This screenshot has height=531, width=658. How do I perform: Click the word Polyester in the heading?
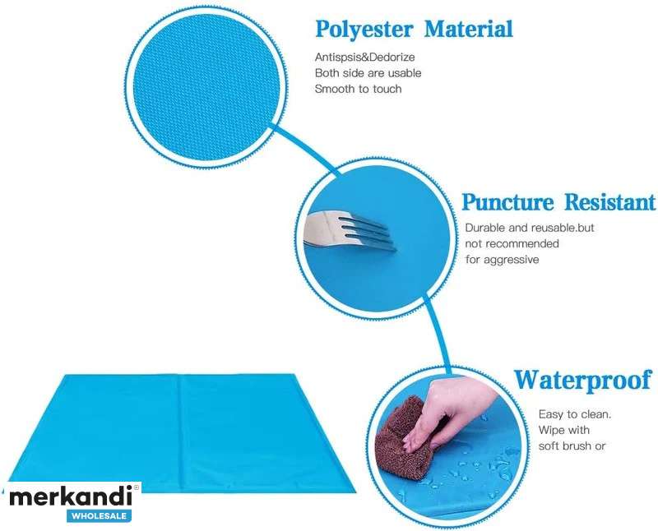(364, 30)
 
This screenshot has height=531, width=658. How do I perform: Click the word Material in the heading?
(468, 29)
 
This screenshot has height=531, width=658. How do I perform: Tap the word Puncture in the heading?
(507, 202)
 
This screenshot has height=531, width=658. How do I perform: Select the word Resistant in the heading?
(609, 201)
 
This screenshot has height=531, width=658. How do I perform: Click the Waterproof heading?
(583, 380)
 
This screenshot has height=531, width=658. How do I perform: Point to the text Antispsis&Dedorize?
(364, 57)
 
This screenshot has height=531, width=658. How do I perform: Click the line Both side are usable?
(368, 73)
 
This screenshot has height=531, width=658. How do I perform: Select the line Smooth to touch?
(359, 89)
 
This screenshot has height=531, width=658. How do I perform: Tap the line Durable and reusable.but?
(530, 228)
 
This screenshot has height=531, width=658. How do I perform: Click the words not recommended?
(512, 243)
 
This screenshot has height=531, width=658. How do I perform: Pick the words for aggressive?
(503, 260)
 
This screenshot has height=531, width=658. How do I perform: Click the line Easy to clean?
(575, 414)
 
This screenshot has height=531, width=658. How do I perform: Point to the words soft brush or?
(572, 446)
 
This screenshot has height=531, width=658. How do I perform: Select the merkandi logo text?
(71, 497)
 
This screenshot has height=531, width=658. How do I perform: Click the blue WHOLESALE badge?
(99, 516)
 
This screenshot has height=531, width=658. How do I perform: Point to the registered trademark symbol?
(136, 487)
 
